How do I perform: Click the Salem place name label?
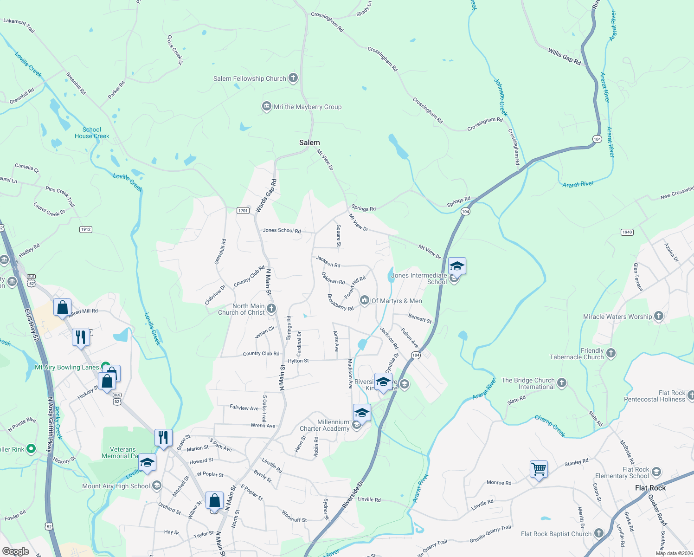pyautogui.click(x=309, y=142)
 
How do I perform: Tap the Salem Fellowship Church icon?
pyautogui.click(x=293, y=78)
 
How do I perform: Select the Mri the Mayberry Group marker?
pyautogui.click(x=266, y=107)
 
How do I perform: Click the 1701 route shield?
pyautogui.click(x=243, y=211)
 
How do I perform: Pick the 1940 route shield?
pyautogui.click(x=627, y=232)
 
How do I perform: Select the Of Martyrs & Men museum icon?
pyautogui.click(x=365, y=300)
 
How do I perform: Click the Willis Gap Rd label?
pyautogui.click(x=564, y=56)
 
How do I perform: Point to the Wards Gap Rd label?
pyautogui.click(x=266, y=196)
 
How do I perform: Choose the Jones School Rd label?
pyautogui.click(x=282, y=230)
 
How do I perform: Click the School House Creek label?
pyautogui.click(x=92, y=133)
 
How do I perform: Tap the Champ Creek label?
pyautogui.click(x=550, y=426)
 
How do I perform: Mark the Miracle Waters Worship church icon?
pyautogui.click(x=659, y=317)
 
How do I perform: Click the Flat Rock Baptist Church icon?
pyautogui.click(x=599, y=533)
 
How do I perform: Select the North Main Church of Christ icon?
pyautogui.click(x=272, y=309)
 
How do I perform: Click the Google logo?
pyautogui.click(x=15, y=551)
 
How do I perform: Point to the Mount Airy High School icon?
pyautogui.click(x=157, y=486)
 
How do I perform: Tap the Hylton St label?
pyautogui.click(x=298, y=361)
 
